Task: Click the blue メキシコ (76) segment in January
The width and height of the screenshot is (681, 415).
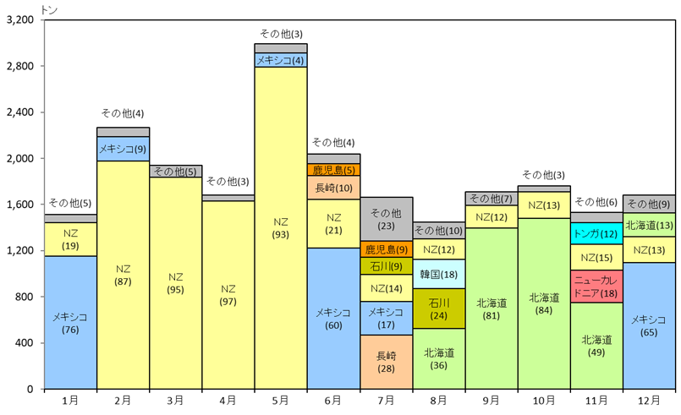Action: pos(70,322)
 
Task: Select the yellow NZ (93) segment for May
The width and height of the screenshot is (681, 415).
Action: pos(281,228)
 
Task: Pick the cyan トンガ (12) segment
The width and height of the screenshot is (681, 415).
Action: pos(596,233)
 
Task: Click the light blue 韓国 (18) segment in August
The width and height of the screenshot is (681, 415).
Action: pos(438,274)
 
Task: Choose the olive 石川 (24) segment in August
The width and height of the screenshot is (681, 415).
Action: pos(438,309)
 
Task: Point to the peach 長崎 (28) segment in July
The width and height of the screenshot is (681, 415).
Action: pos(386,362)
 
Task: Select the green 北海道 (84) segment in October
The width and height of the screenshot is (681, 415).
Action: pos(543,303)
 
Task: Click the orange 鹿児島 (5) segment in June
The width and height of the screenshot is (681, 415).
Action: pos(333,170)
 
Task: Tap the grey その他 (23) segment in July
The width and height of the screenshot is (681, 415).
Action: pos(386,219)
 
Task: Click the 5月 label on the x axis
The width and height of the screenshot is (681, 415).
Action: pos(281,400)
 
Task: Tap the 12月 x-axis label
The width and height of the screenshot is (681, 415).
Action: pos(649,400)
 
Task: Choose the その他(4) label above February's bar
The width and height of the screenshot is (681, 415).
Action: pos(123,113)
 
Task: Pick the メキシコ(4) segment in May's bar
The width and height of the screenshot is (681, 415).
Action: pos(281,60)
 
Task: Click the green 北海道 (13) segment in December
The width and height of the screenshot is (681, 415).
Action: pos(649,225)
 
